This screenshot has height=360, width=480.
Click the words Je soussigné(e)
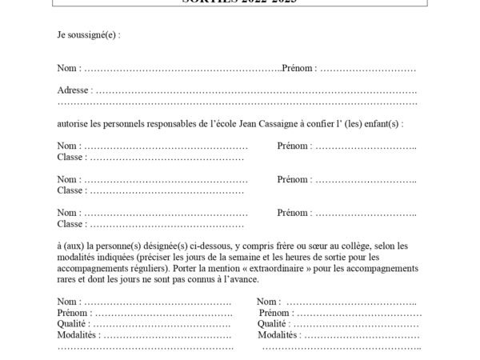click(86, 35)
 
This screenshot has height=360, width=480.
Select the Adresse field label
click(74, 90)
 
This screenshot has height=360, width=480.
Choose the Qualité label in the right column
click(274, 324)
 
